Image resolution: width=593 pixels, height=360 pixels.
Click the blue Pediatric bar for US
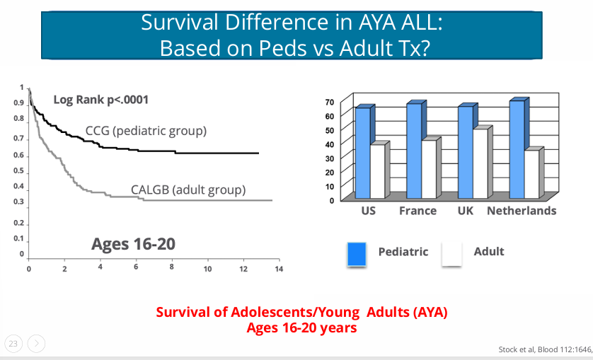click(x=362, y=153)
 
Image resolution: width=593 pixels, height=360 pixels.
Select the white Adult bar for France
click(x=427, y=170)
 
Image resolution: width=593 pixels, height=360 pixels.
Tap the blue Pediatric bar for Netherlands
click(x=517, y=150)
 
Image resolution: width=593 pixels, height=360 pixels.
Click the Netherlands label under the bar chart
click(x=522, y=211)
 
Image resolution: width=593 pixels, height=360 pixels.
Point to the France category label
click(x=418, y=211)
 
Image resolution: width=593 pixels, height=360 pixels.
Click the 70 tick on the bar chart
click(x=329, y=102)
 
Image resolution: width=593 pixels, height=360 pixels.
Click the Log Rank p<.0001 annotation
click(x=101, y=99)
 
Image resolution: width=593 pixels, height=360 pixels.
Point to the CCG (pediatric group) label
click(x=146, y=131)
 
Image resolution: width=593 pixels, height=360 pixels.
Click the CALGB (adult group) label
click(x=188, y=190)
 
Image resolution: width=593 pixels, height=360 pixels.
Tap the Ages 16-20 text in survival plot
click(x=133, y=244)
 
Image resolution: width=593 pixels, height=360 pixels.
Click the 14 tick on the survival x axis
click(x=279, y=269)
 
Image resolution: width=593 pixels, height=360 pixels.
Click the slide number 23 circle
click(x=13, y=344)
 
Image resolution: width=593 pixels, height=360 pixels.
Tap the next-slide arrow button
click(x=36, y=344)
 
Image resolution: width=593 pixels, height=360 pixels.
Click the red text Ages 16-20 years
click(x=301, y=328)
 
